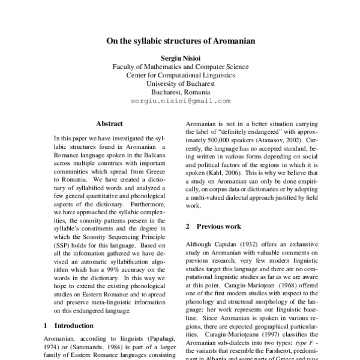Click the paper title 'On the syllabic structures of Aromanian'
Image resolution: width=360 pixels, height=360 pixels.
pos(181,42)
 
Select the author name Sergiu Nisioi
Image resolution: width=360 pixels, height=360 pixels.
pos(181,58)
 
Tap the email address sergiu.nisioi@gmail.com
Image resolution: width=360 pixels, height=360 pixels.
pos(181,102)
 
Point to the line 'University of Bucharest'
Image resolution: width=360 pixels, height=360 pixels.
pos(181,85)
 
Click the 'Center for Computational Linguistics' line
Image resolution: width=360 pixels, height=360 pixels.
pos(181,76)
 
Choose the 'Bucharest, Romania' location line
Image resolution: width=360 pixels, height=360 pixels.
pos(181,93)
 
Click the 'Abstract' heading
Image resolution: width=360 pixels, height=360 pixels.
pos(110,123)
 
